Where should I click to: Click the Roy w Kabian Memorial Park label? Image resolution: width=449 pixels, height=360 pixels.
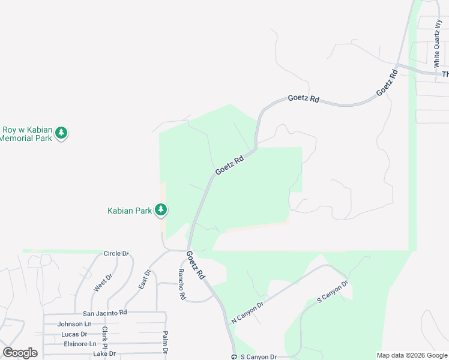click(x=27, y=133)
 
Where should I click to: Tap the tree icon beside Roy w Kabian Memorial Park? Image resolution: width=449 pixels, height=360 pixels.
click(x=61, y=133)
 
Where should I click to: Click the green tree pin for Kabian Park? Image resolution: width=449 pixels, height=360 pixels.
click(x=161, y=210)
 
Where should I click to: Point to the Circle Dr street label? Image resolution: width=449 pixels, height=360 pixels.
click(x=116, y=254)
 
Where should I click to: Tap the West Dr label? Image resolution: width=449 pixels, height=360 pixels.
click(x=103, y=284)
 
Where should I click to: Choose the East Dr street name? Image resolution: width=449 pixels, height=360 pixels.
click(x=145, y=280)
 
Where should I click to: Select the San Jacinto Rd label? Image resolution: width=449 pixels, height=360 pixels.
click(x=105, y=313)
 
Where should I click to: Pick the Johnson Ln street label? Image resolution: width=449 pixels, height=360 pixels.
click(x=74, y=324)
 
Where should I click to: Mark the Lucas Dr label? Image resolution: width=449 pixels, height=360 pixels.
click(x=74, y=334)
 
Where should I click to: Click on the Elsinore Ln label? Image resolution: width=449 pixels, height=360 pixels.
click(x=80, y=344)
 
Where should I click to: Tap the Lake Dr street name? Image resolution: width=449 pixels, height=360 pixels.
click(x=104, y=354)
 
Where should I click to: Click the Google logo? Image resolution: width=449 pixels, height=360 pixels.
click(x=20, y=353)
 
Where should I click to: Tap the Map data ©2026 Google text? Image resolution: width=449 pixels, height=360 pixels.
click(x=412, y=355)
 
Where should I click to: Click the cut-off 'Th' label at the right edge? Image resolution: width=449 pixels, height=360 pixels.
click(x=445, y=74)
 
